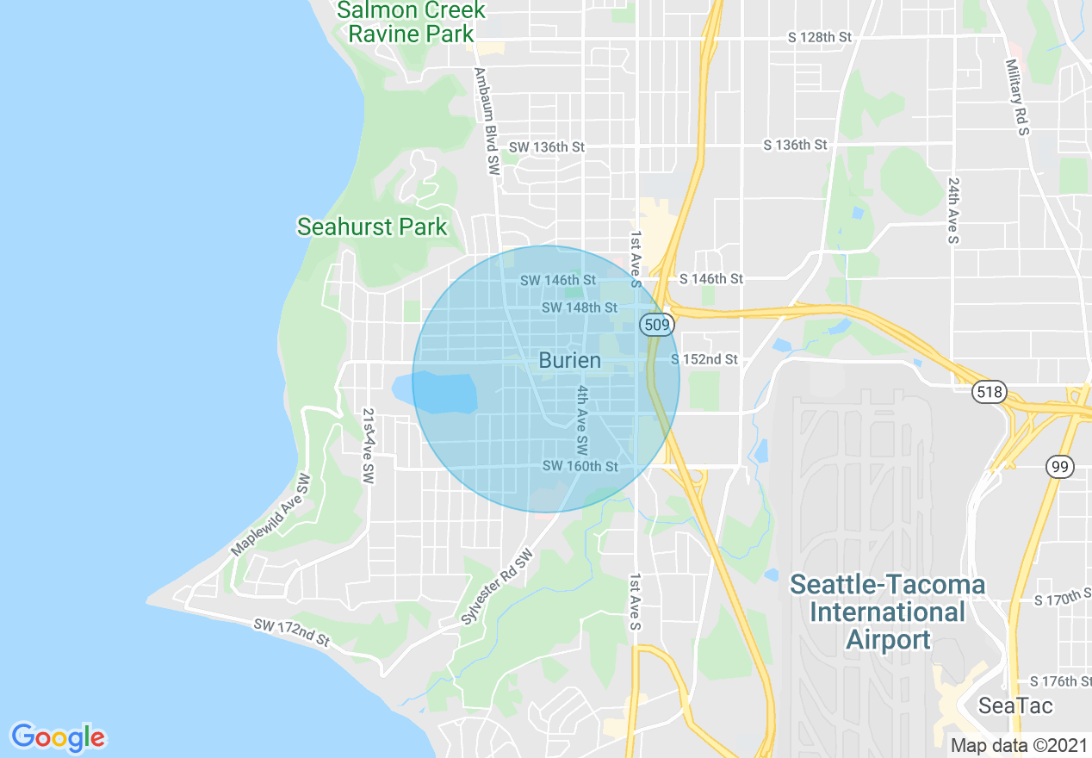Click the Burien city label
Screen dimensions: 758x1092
point(569,360)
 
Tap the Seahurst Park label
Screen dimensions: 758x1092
point(372,227)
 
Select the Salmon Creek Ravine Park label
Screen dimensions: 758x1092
point(411,22)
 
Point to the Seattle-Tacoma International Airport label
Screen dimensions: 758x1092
point(888,612)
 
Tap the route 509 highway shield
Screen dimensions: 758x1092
point(655,325)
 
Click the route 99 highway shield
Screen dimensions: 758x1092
point(1060,467)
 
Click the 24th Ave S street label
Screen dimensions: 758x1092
point(953,211)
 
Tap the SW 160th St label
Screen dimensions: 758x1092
point(580,467)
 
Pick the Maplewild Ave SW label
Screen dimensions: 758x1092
point(270,515)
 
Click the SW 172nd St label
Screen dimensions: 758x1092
point(292,633)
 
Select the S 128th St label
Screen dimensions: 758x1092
point(819,38)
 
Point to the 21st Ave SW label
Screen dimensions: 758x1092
point(369,445)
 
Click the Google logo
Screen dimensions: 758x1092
point(58,737)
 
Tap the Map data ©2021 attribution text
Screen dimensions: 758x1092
point(1013,746)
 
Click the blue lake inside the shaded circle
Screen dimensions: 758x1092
point(441,393)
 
